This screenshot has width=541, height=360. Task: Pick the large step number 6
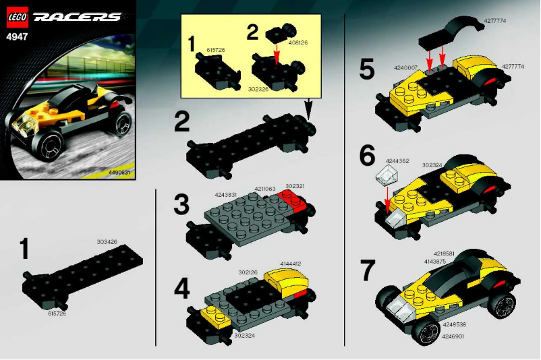[x=367, y=156]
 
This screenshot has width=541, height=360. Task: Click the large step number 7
[x=367, y=270]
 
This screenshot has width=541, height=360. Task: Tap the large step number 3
[x=181, y=204]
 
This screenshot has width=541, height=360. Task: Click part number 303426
[x=107, y=241]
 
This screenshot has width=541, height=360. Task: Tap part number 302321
[x=295, y=186]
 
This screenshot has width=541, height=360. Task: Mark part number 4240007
[x=401, y=68]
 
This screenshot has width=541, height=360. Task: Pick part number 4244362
[x=397, y=161]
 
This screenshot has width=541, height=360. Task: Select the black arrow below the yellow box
[x=310, y=107]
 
